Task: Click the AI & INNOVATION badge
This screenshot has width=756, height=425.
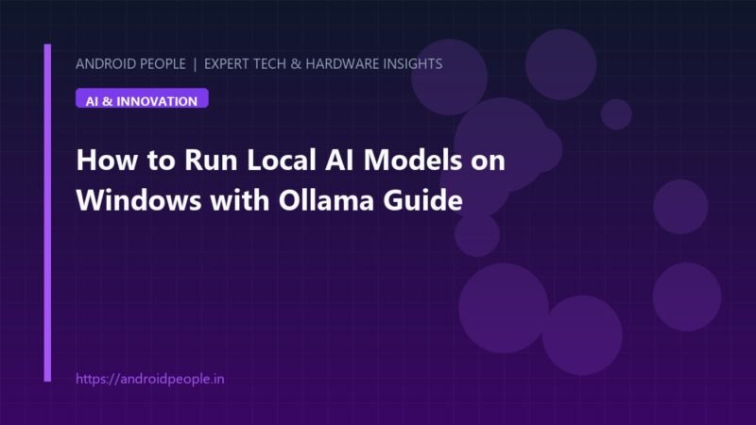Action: [142, 98]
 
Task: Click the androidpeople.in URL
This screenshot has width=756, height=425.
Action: [150, 379]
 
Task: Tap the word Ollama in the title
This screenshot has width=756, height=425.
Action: [326, 200]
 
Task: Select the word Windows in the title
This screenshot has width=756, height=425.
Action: [139, 200]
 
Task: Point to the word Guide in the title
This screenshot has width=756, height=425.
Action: [422, 200]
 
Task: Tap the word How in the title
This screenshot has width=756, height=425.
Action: [107, 160]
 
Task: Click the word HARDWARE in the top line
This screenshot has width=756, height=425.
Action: [343, 64]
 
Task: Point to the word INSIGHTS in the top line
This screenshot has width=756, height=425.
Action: [413, 64]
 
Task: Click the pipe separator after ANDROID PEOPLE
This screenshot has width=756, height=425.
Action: [195, 64]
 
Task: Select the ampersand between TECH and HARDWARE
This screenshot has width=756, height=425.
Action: [296, 64]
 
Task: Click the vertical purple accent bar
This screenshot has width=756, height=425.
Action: [47, 212]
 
